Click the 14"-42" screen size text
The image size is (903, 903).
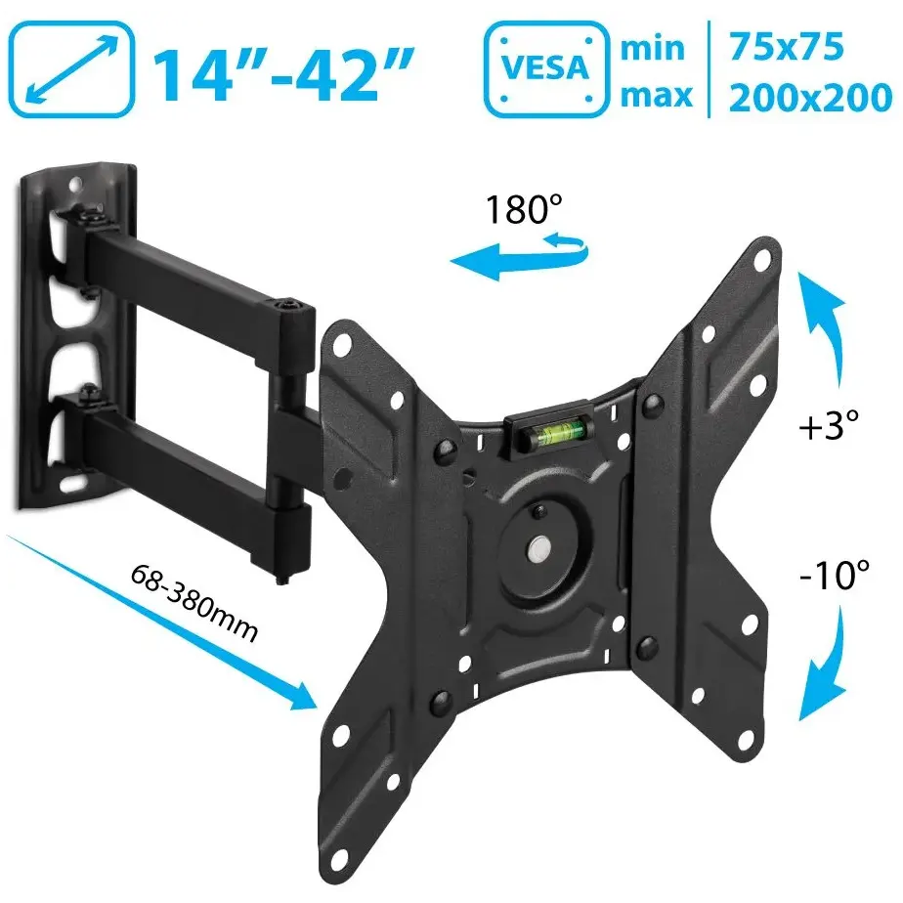click(282, 75)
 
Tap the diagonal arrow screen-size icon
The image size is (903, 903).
click(71, 69)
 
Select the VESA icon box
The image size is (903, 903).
click(546, 69)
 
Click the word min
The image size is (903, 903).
click(653, 49)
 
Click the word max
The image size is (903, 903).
click(656, 96)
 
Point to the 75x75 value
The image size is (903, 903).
click(786, 46)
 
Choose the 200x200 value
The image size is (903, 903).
click(811, 98)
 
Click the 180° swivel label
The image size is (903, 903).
click(524, 209)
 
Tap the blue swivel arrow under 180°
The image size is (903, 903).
click(518, 257)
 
